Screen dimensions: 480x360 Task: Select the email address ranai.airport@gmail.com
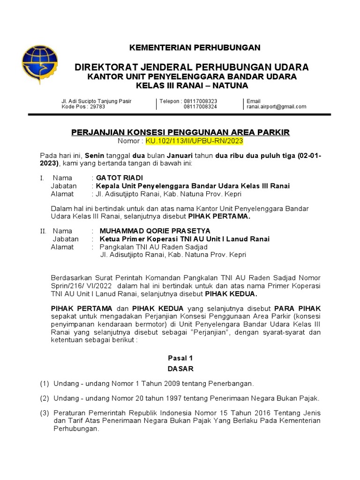tap(276, 107)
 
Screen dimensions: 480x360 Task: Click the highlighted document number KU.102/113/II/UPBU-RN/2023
tap(195, 141)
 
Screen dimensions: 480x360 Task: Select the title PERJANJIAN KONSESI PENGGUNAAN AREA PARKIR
tap(180, 133)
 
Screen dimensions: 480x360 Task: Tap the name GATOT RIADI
tap(119, 178)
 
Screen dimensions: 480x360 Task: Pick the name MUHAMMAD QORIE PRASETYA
tap(155, 231)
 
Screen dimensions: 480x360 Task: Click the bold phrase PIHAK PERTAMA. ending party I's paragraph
tap(219, 217)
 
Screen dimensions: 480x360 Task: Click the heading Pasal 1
tap(180, 358)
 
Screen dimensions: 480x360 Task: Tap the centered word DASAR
tap(180, 369)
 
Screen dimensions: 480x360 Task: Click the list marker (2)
tap(44, 398)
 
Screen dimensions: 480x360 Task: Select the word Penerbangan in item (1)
tap(232, 384)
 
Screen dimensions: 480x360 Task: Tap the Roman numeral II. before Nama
tap(43, 231)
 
